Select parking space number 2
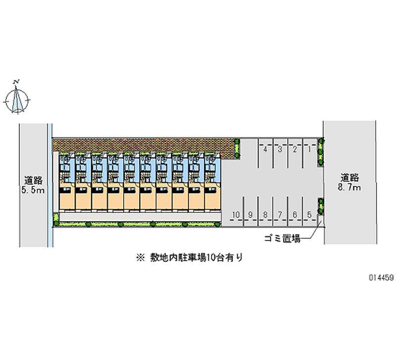pyautogui.click(x=295, y=149)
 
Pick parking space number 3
pyautogui.click(x=280, y=149)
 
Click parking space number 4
pyautogui.click(x=266, y=149)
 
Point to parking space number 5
pyautogui.click(x=309, y=214)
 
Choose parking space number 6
pyautogui.click(x=295, y=214)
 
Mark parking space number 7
pyautogui.click(x=280, y=214)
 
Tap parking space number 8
pyautogui.click(x=266, y=214)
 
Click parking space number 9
pyautogui.click(x=251, y=214)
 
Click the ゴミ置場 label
pyautogui.click(x=282, y=239)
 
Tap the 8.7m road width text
pyautogui.click(x=350, y=188)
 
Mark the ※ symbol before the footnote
pyautogui.click(x=140, y=257)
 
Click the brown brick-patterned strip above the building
pyautogui.click(x=144, y=145)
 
